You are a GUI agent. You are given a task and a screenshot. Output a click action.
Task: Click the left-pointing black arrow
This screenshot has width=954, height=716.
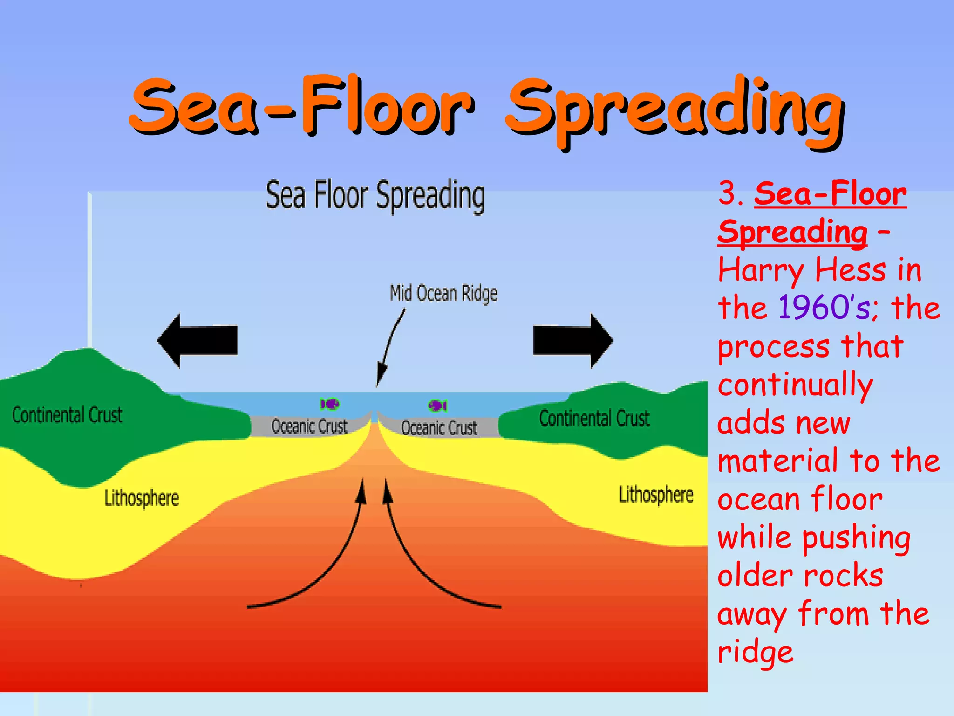[198, 341]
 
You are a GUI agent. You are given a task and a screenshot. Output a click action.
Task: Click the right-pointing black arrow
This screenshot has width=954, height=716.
[573, 341]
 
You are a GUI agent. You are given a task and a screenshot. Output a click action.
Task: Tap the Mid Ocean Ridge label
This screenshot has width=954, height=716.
[443, 294]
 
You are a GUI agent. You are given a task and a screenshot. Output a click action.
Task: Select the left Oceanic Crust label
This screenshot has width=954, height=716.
[309, 426]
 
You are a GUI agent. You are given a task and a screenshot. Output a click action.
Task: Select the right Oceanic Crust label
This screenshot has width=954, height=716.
[439, 427]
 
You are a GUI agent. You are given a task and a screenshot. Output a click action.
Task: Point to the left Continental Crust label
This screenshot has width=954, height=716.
[67, 415]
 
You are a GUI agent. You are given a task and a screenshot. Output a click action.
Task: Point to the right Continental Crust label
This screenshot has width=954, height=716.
[594, 418]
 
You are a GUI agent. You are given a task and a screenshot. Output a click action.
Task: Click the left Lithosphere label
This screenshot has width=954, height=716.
[142, 498]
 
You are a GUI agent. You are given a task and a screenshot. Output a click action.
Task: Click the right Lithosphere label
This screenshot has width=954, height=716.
[656, 495]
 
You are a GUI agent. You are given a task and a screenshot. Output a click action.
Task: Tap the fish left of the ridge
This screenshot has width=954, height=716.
[330, 404]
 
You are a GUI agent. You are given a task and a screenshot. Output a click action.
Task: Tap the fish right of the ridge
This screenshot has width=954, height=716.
[438, 406]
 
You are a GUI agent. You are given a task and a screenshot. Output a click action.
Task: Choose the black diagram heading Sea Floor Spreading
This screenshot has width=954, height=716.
[375, 196]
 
